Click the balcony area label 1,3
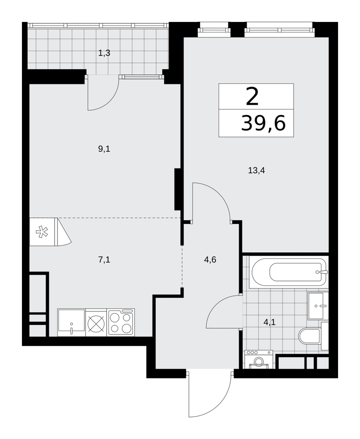104,53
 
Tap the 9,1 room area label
104,149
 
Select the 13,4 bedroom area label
256,170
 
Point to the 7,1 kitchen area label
104,260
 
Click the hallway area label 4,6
210,260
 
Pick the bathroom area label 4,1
269,322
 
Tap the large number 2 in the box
252,96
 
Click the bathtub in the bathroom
289,272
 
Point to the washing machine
259,359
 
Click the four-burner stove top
121,322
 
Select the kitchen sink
72,322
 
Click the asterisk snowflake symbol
42,232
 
